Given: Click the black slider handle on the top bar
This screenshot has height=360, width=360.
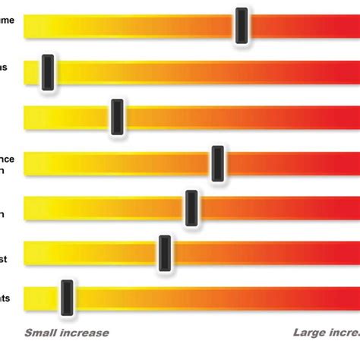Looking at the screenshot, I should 242,26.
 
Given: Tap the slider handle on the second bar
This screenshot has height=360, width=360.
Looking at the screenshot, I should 47,73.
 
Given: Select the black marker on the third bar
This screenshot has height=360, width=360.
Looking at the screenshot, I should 116,116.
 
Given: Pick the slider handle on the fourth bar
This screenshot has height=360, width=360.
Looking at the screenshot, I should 217,163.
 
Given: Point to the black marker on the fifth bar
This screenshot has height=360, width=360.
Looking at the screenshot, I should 191,207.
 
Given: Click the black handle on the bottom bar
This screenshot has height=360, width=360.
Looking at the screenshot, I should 67,297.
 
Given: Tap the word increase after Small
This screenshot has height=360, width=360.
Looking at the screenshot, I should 86,333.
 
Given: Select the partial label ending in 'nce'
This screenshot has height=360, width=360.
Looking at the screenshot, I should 7,159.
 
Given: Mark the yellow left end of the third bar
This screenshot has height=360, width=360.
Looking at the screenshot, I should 34,117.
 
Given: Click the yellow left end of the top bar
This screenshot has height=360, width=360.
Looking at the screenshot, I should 34,27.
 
